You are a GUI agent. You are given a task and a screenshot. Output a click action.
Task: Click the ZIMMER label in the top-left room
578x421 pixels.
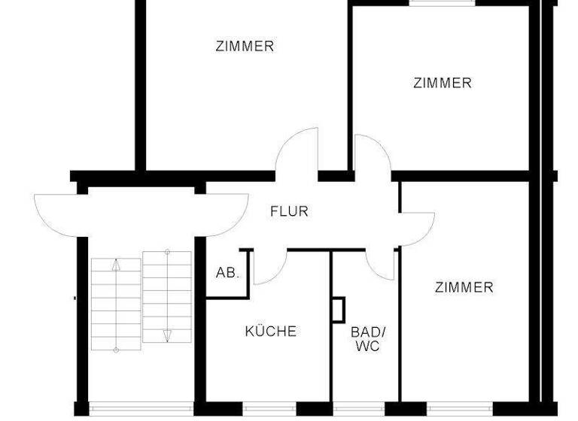click(245, 47)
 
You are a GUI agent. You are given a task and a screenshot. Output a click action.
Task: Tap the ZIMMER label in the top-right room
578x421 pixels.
click(443, 83)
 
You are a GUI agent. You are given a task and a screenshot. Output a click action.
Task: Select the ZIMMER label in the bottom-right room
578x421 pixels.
click(464, 287)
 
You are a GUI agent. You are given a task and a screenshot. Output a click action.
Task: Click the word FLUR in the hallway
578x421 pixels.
click(289, 212)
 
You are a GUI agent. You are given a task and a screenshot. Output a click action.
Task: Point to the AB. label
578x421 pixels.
click(227, 274)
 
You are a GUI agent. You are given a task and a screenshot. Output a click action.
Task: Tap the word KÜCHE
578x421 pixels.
click(271, 331)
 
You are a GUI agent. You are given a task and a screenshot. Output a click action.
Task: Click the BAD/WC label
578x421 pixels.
click(366, 338)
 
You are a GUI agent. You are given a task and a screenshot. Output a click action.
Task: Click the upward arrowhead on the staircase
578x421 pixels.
click(116, 264)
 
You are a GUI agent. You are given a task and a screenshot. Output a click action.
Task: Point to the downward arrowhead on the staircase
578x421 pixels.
click(168, 335)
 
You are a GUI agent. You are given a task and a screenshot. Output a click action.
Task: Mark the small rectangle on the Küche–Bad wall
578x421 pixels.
click(338, 310)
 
